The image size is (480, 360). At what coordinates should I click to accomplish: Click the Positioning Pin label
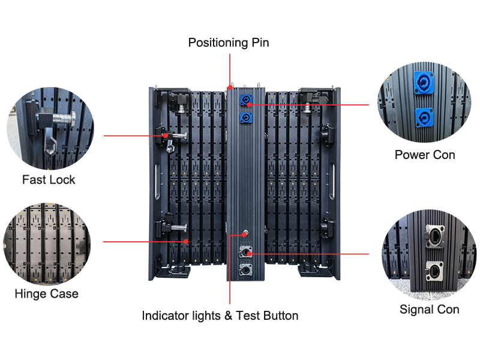coord(229,43)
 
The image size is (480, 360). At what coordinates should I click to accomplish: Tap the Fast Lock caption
coord(49,179)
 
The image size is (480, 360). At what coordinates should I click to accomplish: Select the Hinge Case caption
coord(47,294)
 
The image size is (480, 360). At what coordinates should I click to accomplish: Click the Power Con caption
coord(425,155)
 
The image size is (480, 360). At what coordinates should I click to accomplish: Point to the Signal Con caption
coord(429,310)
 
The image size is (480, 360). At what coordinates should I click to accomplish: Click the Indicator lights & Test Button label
coord(220,316)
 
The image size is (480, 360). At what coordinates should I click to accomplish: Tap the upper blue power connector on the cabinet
coord(246,100)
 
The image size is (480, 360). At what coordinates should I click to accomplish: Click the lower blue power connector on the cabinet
coord(246,118)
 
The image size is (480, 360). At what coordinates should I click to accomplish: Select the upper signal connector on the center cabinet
coord(245,252)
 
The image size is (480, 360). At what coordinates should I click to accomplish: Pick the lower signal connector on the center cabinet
coord(245,270)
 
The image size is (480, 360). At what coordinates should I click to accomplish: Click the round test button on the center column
coord(245,233)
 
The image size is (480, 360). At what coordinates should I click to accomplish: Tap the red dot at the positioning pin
coord(230,88)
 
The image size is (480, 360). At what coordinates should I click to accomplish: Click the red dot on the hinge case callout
coord(186,242)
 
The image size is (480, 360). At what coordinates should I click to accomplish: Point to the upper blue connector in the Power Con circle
coord(424,82)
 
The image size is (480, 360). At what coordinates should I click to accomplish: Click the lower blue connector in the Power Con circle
coord(425,118)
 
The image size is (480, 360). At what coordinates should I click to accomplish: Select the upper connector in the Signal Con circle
coord(434,236)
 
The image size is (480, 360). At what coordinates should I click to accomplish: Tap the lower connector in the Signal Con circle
coord(434,271)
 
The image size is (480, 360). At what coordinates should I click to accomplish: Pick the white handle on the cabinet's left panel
coord(157,182)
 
